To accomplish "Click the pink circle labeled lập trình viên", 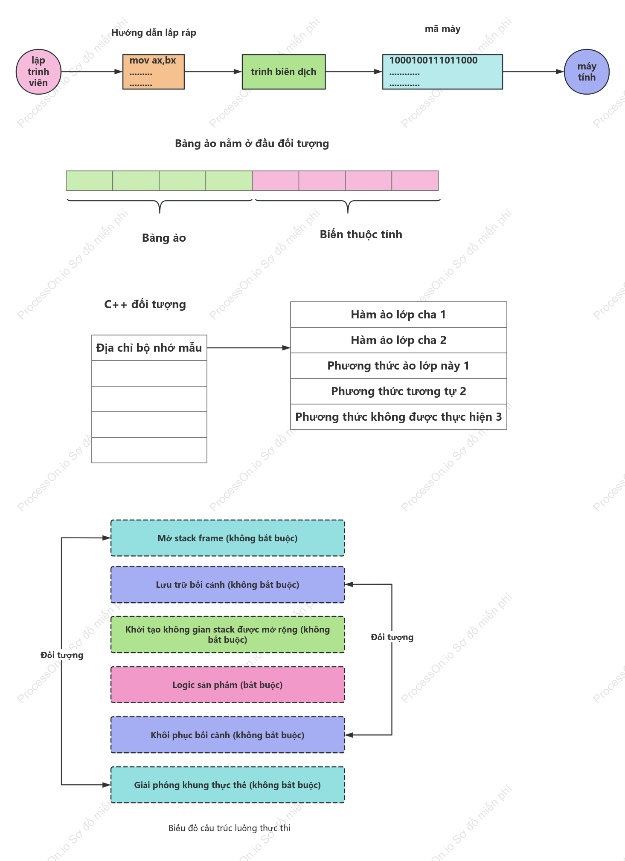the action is (38, 72).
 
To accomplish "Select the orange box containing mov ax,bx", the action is (154, 72).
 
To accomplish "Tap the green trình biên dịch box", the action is (284, 72).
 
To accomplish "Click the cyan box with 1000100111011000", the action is (442, 72).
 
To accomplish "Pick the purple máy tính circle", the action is (587, 72).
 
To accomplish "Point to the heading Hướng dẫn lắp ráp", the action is (154, 33).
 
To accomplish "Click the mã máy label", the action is (442, 29).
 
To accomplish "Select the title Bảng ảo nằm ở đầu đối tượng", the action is (252, 144).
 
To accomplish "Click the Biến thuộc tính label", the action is (361, 234).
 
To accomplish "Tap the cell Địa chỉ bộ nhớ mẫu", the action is (149, 348).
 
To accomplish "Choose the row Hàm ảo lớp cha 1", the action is (398, 315).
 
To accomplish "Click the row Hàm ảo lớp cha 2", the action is (398, 340).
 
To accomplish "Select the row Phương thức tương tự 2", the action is (398, 391).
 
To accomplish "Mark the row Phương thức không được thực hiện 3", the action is (398, 417).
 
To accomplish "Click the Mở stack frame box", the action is (227, 538).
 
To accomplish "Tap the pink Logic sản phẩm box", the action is (227, 685).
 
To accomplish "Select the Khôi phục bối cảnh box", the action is (227, 735).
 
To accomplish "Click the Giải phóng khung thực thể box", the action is (227, 785).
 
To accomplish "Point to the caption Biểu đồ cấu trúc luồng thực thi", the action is (229, 828).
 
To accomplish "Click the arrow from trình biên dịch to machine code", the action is (354, 72).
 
